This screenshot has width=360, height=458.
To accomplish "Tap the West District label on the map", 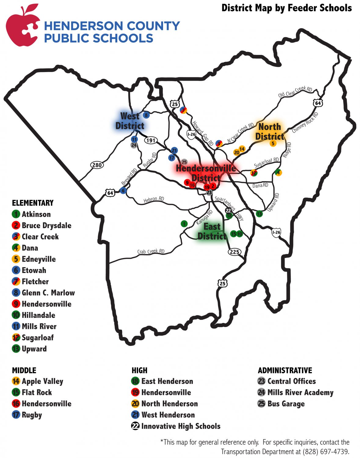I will (130, 121).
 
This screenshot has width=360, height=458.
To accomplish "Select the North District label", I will (269, 131).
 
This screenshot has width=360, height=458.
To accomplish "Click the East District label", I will (212, 231).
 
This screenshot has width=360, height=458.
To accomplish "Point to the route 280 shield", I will (97, 165).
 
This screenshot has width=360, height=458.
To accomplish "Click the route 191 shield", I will (151, 140).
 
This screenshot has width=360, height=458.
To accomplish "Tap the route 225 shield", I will (234, 252).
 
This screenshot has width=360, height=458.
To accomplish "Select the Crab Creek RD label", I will (151, 252).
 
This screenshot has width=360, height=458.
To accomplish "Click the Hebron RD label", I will (154, 199).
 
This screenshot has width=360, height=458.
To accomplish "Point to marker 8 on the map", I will (146, 115).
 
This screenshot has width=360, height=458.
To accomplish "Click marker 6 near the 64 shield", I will (123, 191).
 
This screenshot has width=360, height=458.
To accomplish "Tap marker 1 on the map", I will (184, 224).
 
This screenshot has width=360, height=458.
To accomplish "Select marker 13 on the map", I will (259, 214).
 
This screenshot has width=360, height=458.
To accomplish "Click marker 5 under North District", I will (273, 144).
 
